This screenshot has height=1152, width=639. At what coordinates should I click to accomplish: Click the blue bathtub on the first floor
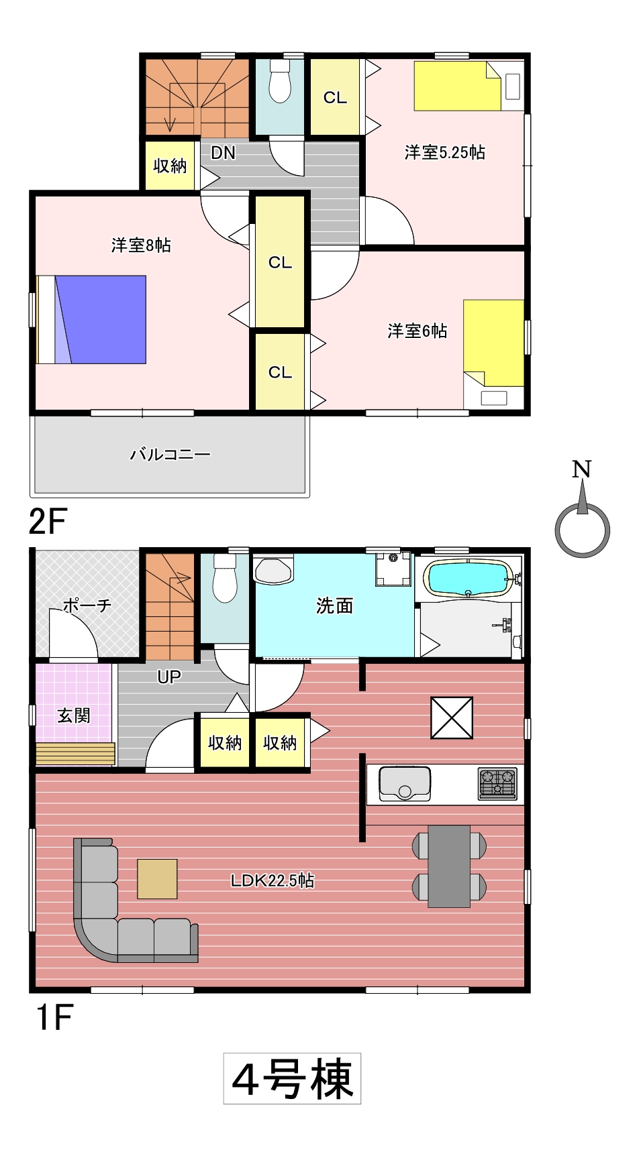coord(469,578)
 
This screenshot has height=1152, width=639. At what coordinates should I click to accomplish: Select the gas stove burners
coord(497,783)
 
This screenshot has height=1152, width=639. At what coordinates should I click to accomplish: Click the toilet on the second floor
coord(279,81)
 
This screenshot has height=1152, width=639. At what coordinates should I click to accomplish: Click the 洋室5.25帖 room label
coord(444,153)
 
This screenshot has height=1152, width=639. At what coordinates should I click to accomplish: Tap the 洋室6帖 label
coord(417,331)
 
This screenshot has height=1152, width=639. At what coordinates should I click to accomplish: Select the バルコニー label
coord(170,455)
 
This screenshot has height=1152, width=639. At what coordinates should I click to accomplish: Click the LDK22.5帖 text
coord(272,880)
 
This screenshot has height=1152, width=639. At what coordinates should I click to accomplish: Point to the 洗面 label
coord(334,606)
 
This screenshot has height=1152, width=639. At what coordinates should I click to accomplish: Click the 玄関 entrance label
coord(73,715)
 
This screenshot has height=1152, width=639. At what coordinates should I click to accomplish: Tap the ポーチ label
coord(87,606)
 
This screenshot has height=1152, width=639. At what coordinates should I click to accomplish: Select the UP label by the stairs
coord(169,677)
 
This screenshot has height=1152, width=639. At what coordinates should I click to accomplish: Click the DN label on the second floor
coord(223,153)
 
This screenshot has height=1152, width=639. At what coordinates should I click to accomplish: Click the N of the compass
coord(582,469)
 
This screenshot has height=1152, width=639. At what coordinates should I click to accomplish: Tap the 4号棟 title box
coord(292,1078)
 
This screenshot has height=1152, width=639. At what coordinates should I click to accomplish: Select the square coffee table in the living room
coord(157,879)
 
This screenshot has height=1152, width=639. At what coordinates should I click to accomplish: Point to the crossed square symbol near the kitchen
coord(452,717)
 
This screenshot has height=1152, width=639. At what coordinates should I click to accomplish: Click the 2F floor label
coord(48,521)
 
